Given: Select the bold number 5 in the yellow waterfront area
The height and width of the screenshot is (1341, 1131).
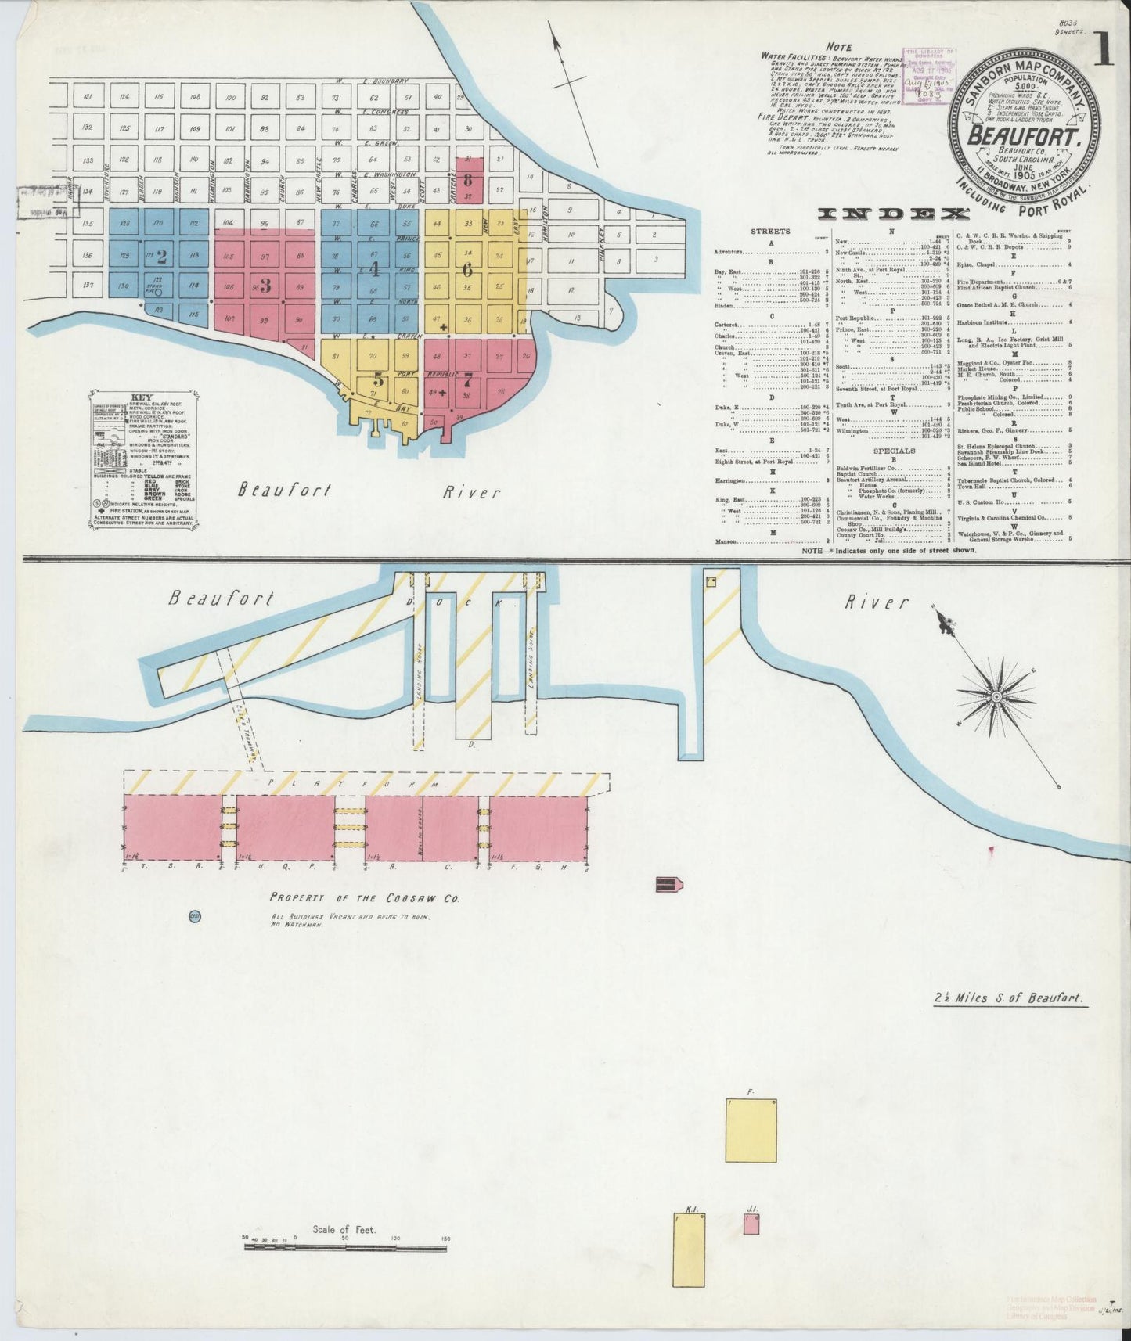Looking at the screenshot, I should (380, 381).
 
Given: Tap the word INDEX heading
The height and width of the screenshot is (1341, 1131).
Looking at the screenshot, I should (893, 213).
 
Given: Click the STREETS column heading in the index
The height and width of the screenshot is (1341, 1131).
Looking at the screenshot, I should (771, 232).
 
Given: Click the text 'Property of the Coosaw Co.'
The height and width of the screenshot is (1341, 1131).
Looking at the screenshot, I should (365, 897).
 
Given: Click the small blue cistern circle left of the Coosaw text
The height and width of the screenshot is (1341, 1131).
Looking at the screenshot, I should (195, 915).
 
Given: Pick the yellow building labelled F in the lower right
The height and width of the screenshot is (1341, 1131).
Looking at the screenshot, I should (751, 1131).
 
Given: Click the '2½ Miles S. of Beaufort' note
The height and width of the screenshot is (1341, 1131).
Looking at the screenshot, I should (1010, 999).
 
